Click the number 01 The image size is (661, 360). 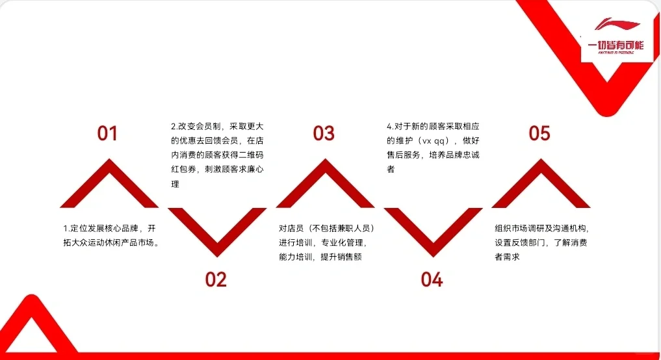(107, 133)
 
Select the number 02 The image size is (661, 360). (216, 279)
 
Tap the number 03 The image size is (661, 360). (324, 133)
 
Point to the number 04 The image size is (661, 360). (432, 279)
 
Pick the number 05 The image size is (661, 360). (539, 133)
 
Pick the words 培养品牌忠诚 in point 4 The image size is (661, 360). (454, 155)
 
